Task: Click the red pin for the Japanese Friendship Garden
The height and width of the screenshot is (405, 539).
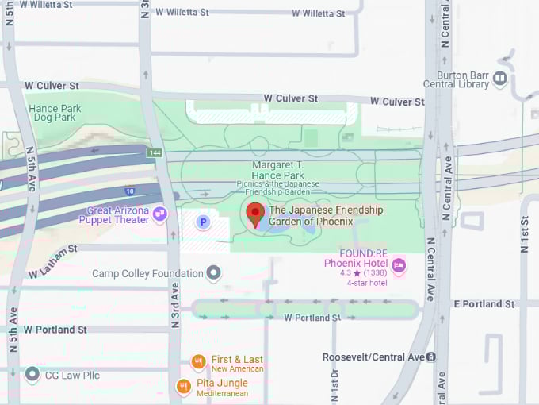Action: pyautogui.click(x=254, y=214)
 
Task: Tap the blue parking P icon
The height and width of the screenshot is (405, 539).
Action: pyautogui.click(x=203, y=222)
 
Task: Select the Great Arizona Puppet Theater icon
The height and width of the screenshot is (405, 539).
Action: pyautogui.click(x=160, y=214)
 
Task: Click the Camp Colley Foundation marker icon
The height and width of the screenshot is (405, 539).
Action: pyautogui.click(x=213, y=274)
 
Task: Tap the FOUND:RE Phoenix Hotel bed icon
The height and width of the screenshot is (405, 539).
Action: pyautogui.click(x=399, y=266)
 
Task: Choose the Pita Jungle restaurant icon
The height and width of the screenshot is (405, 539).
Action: pyautogui.click(x=183, y=387)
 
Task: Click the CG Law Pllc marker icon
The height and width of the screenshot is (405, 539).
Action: pyautogui.click(x=32, y=374)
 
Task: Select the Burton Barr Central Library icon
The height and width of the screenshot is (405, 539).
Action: pyautogui.click(x=500, y=78)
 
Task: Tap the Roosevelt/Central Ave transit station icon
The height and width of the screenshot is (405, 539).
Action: pyautogui.click(x=430, y=357)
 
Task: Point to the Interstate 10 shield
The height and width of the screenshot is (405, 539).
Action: pyautogui.click(x=129, y=191)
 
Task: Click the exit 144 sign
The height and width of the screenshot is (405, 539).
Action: pyautogui.click(x=155, y=152)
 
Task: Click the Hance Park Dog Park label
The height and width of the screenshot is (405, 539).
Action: pyautogui.click(x=55, y=113)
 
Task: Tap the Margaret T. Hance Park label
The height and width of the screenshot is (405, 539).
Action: pyautogui.click(x=277, y=170)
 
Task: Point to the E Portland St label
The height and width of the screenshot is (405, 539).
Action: pyautogui.click(x=484, y=304)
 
